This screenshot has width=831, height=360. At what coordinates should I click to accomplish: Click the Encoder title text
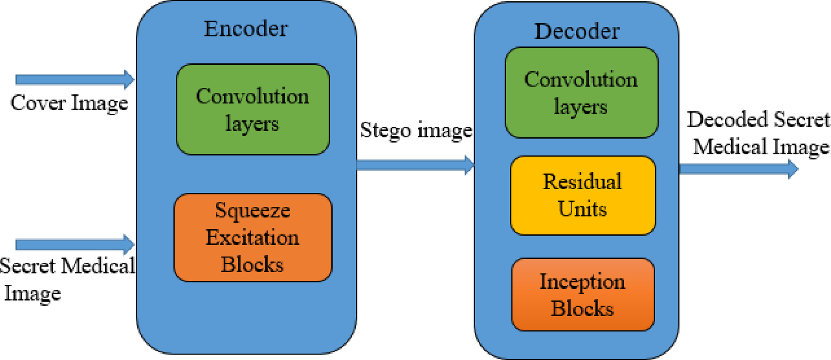coord(246,29)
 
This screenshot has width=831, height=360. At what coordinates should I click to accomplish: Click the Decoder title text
coord(577,31)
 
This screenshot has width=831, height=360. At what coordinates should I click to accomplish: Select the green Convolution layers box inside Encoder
coord(253,109)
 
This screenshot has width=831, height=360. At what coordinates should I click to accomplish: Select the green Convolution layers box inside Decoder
coord(581,93)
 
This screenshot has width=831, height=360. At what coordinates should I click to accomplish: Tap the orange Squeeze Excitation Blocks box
coord(253,237)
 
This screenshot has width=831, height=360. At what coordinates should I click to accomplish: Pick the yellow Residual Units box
coord(583,195)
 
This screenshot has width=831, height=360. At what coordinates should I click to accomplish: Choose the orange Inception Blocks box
coord(583,295)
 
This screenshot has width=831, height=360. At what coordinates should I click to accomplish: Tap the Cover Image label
coord(69,103)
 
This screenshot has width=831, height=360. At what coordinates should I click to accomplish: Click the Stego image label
coord(416,130)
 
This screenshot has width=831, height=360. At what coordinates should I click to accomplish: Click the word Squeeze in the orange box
coord(252,211)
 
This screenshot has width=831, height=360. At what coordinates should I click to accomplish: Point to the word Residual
coord(582,182)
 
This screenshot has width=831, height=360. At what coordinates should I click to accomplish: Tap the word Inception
coord(582,282)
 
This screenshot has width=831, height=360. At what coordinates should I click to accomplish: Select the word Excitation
coord(252,238)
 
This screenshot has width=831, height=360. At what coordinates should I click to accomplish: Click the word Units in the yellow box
coord(582,209)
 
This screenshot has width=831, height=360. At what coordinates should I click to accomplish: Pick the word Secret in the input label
coord(27,266)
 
